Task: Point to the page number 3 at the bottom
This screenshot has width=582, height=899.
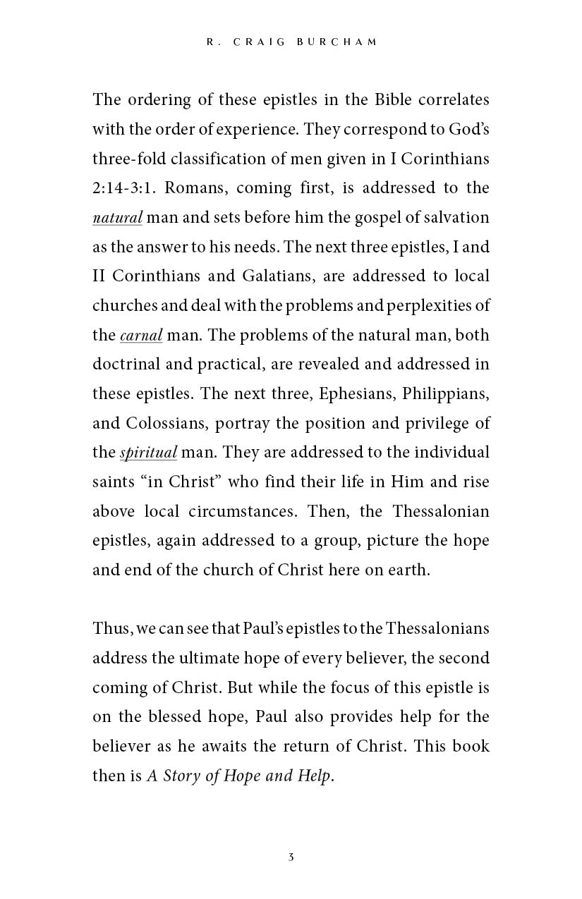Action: point(291,857)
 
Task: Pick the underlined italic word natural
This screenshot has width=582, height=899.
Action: point(117,218)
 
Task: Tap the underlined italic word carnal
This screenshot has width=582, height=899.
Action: point(141,336)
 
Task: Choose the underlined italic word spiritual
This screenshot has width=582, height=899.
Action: point(148,453)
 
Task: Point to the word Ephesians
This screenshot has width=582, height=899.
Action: point(358,393)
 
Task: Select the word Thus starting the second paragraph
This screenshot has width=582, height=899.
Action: point(108,628)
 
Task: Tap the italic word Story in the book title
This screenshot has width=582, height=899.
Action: point(182,776)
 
